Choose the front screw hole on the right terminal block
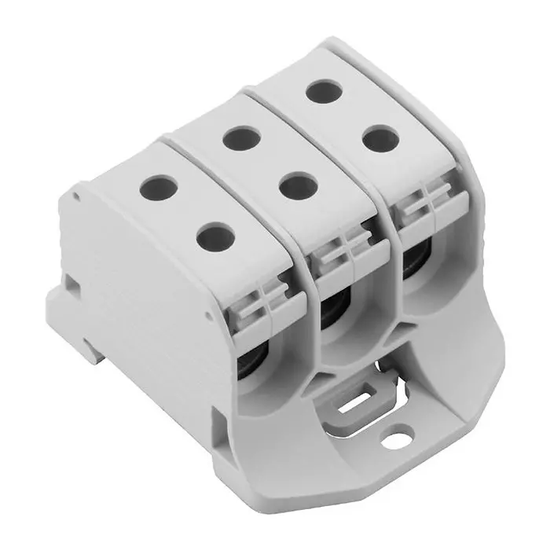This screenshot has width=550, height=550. pyautogui.click(x=380, y=139)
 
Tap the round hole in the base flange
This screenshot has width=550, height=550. pyautogui.click(x=400, y=431)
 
